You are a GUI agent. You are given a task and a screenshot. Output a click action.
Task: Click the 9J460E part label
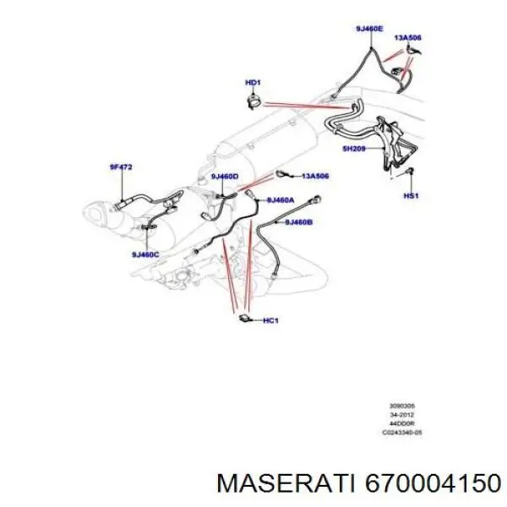[x=369, y=29]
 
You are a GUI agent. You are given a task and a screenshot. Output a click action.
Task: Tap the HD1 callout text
[x=252, y=82]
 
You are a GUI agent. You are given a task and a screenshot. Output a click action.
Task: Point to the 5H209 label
[x=353, y=149]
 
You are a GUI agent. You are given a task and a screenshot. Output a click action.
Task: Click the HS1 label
[x=411, y=195]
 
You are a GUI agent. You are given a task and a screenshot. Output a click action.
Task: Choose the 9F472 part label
[x=121, y=167]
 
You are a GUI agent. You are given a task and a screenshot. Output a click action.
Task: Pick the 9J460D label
[x=225, y=176]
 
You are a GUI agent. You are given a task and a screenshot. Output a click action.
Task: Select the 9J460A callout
[x=280, y=200]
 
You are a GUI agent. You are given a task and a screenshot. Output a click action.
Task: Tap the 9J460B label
[x=298, y=222]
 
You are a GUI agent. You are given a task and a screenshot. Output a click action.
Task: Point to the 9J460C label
[x=144, y=253]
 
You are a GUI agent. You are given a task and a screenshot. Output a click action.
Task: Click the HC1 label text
[x=271, y=320]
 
